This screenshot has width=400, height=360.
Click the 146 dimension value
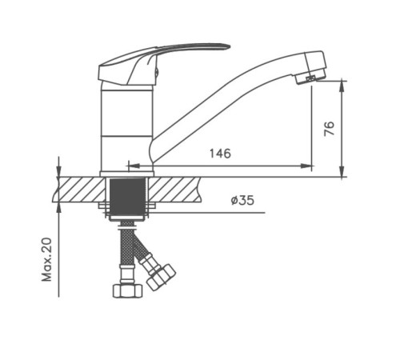pos(220,154)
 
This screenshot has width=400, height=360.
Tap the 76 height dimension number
pos(329,129)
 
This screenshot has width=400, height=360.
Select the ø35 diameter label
pos(242,200)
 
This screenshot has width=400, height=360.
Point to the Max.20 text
pos(46,259)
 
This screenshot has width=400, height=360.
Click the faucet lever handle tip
pos(226,46)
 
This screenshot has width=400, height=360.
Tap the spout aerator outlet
pos(310,78)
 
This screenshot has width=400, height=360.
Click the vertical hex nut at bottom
pos(128,290)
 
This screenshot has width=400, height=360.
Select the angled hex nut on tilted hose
pos(161,277)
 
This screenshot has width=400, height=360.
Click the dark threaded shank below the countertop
pos(127,197)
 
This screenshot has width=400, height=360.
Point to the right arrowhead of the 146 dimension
pos(306,166)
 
